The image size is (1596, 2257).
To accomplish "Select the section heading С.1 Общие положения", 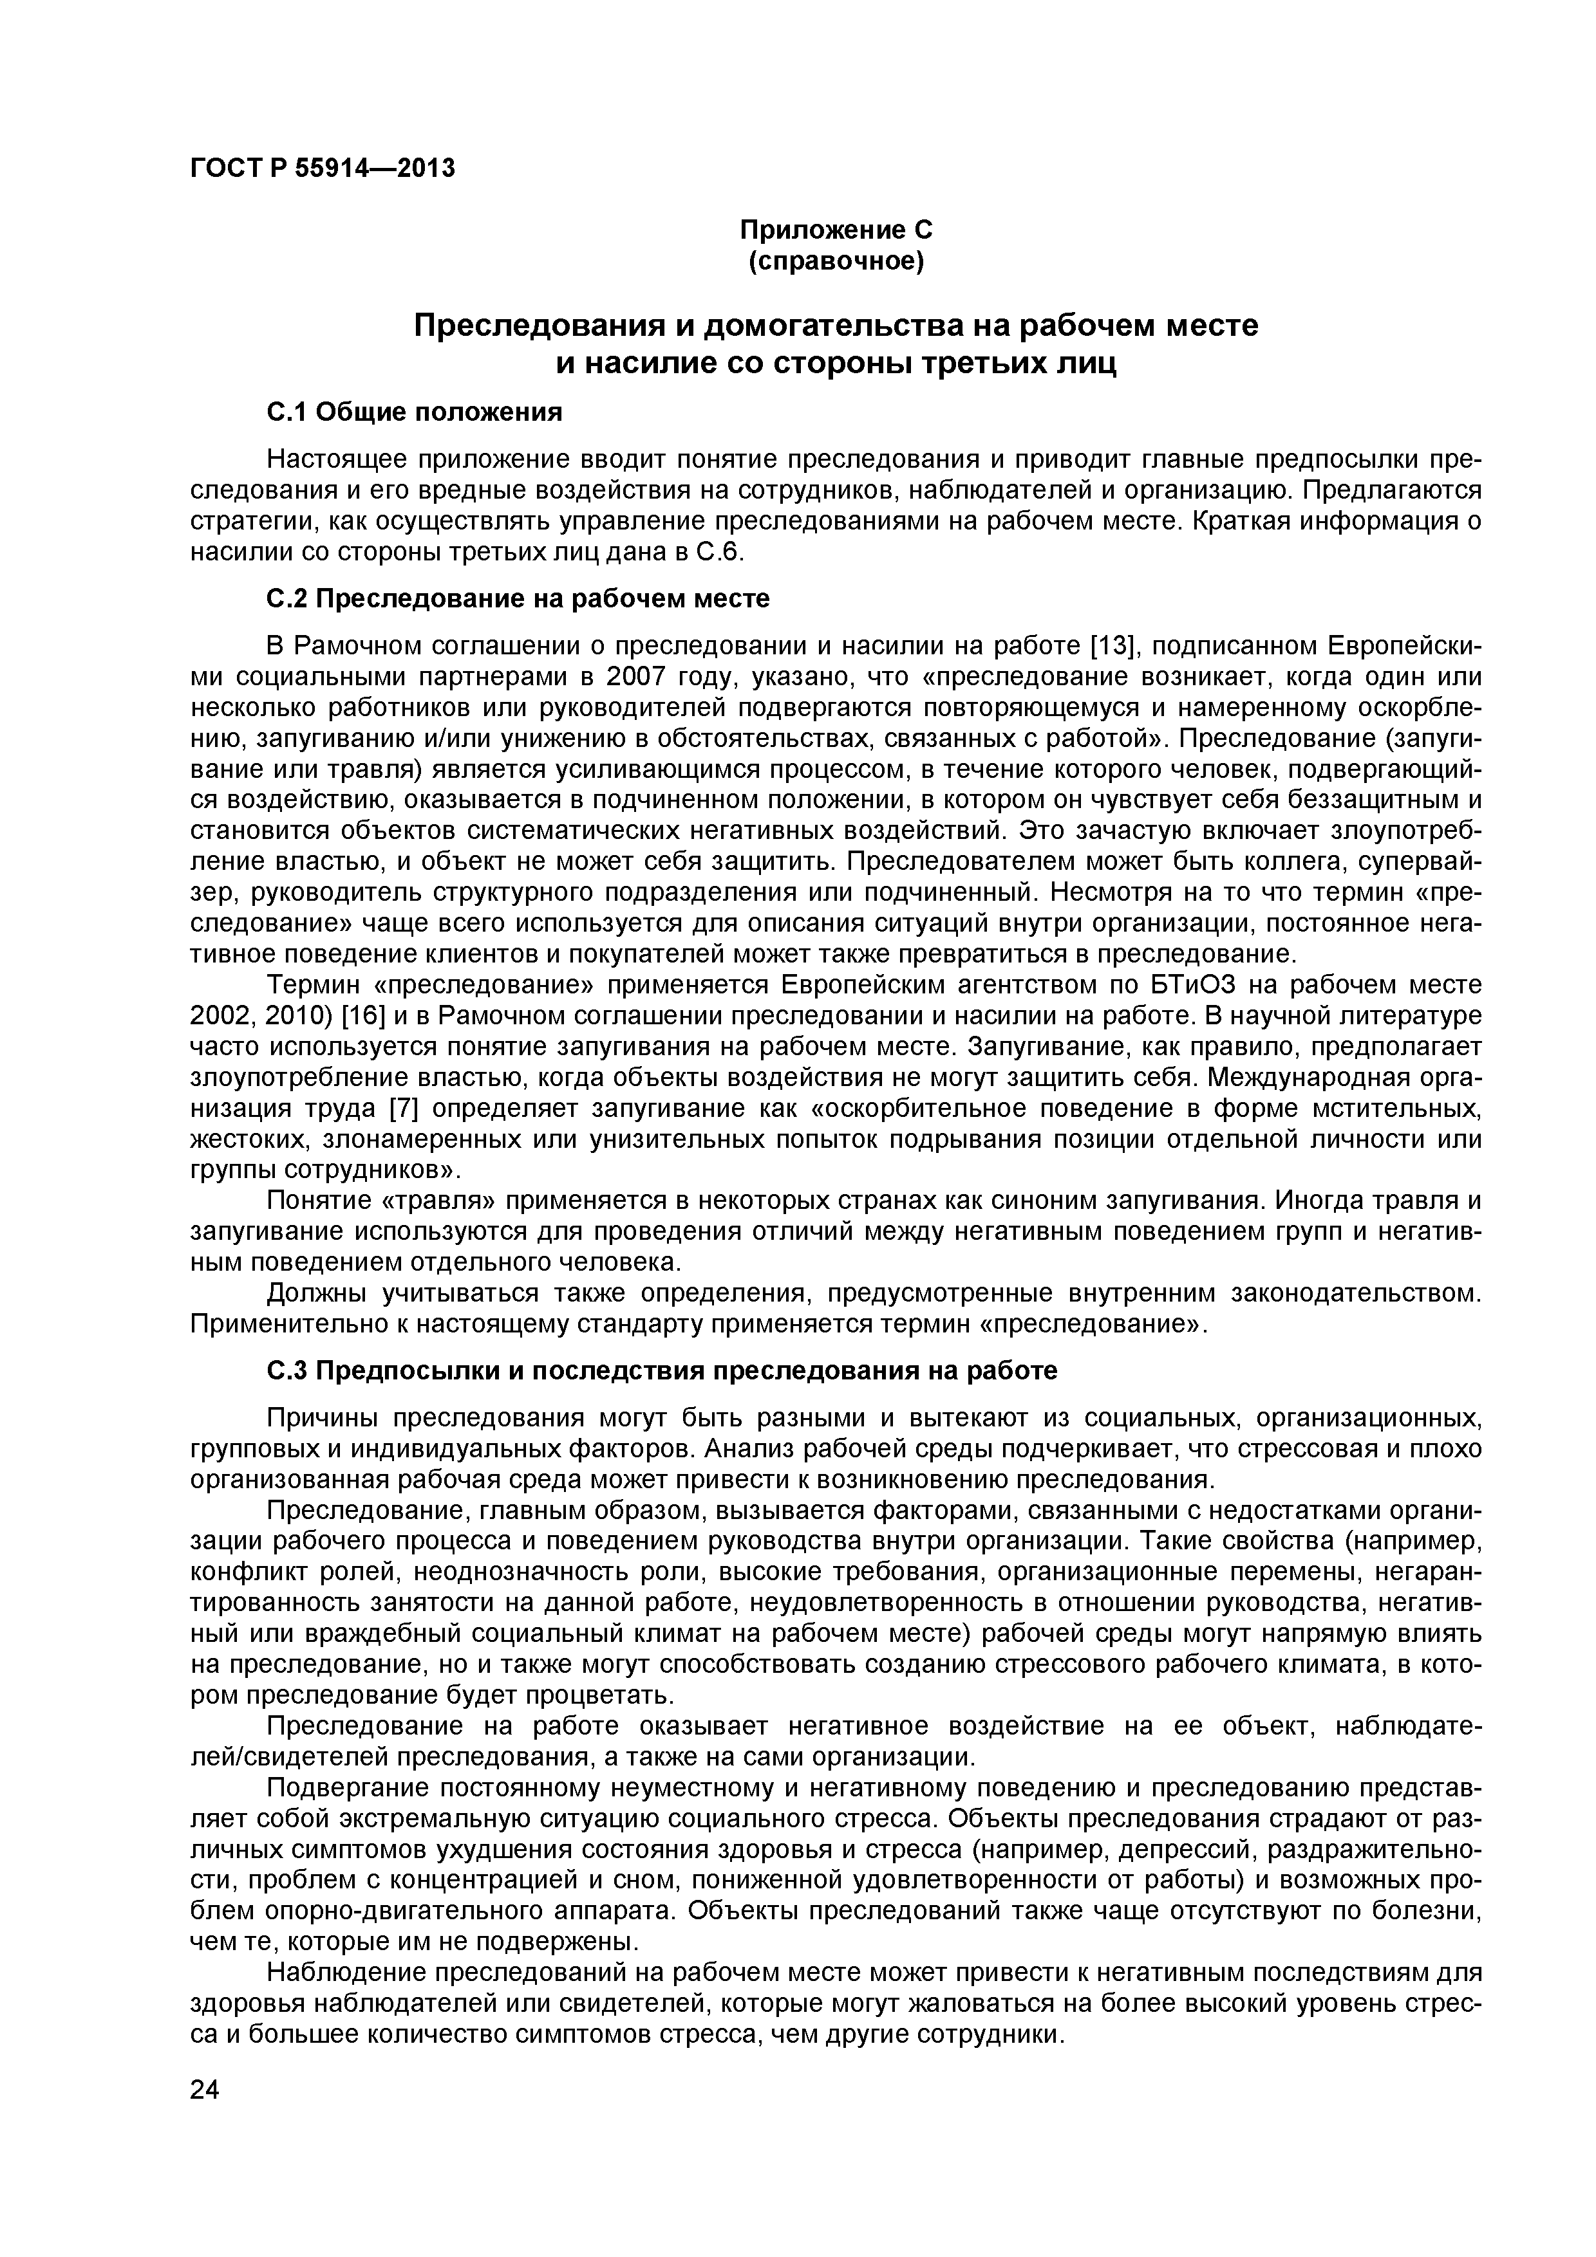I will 415,412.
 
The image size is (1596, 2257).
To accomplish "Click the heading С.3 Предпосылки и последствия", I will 662,1370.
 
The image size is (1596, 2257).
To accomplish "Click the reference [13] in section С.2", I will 1113,646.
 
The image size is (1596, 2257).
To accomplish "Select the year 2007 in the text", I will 639,677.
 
